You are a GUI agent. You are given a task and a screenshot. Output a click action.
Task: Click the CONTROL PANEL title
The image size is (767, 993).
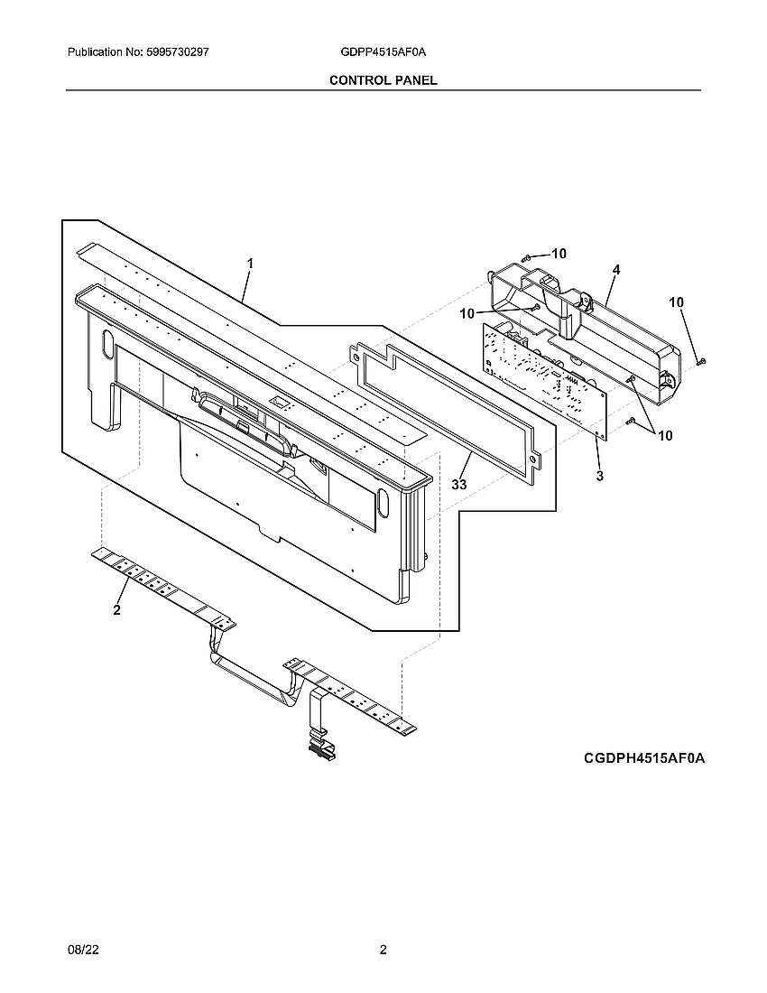[x=383, y=80]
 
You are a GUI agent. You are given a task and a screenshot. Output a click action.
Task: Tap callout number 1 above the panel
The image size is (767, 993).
[x=250, y=263]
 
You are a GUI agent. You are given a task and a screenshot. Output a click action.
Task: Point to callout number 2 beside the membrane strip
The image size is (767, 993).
[x=116, y=611]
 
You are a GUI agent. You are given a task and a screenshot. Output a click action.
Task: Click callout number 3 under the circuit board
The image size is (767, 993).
[x=600, y=476]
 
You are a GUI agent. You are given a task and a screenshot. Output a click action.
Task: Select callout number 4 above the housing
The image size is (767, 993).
[x=615, y=270]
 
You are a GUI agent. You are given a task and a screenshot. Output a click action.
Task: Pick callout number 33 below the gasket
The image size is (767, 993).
[x=459, y=485]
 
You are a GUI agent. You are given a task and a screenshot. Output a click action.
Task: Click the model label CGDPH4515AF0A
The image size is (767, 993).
[x=643, y=759]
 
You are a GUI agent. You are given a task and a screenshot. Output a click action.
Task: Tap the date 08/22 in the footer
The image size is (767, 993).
[x=81, y=950]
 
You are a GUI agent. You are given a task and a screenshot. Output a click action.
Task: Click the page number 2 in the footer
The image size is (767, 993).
[x=383, y=950]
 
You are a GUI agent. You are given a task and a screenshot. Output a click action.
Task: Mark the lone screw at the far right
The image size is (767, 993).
[x=702, y=361]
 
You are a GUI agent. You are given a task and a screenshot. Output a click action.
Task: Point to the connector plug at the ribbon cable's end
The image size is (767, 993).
[x=319, y=746]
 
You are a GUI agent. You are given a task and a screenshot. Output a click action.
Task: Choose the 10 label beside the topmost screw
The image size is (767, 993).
[x=559, y=254]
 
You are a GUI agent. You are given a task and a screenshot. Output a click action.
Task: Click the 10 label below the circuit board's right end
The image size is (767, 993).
[x=665, y=435]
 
